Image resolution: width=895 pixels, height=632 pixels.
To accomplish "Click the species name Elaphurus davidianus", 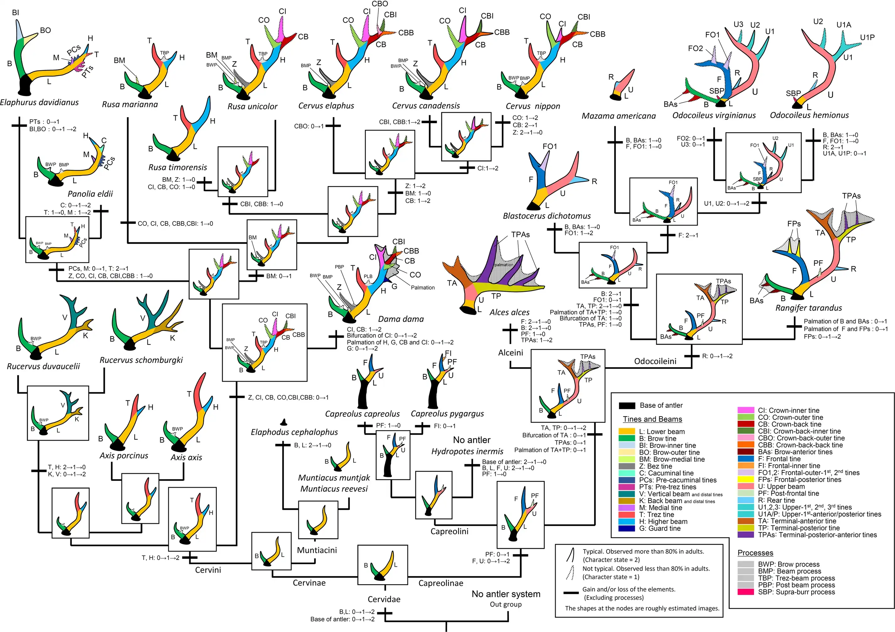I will pyautogui.click(x=40, y=103).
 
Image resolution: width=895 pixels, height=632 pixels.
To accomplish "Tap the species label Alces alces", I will pyautogui.click(x=509, y=312).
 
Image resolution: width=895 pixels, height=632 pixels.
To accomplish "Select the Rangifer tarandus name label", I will pyautogui.click(x=808, y=308).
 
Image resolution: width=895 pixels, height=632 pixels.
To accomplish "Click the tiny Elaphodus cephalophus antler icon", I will pyautogui.click(x=284, y=422).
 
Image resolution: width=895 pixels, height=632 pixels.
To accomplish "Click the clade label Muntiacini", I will pyautogui.click(x=317, y=550).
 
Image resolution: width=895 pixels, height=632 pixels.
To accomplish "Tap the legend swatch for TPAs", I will pyautogui.click(x=745, y=535).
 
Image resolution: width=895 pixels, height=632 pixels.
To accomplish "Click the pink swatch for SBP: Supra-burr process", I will pyautogui.click(x=745, y=592).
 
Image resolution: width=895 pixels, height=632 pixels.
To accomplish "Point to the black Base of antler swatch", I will pyautogui.click(x=627, y=406).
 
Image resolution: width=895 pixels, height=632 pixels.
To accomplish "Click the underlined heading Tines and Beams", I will pyautogui.click(x=652, y=419).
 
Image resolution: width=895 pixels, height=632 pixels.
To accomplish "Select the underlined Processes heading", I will pyautogui.click(x=755, y=553).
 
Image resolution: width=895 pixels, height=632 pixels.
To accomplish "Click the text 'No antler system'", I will pyautogui.click(x=506, y=594).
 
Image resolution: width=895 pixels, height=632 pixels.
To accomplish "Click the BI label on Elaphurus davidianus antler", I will pyautogui.click(x=16, y=13).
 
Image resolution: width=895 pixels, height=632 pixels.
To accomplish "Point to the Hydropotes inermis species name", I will pyautogui.click(x=467, y=451).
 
